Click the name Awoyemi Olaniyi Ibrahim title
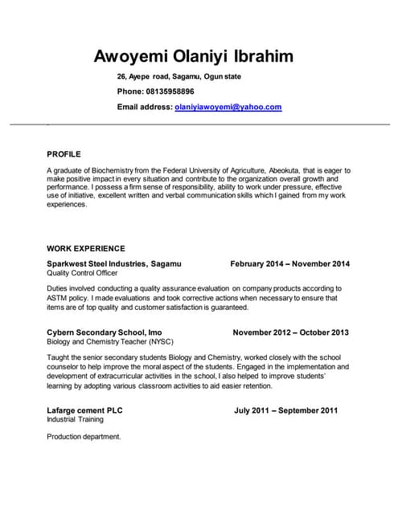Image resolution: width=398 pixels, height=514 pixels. [194, 56]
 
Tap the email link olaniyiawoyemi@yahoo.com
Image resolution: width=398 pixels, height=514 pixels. [228, 107]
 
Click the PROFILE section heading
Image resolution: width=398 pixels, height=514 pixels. [64, 153]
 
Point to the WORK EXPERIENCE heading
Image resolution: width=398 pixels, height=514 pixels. [85, 248]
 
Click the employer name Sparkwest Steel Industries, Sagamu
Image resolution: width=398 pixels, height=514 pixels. [114, 263]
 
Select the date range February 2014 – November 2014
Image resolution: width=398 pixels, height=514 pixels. [289, 263]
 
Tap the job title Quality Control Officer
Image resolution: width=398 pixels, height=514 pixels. [82, 273]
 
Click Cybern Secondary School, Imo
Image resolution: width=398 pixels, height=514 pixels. [105, 332]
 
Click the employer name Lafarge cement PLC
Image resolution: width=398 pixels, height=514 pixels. [84, 410]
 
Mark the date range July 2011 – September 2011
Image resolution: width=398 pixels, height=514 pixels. [285, 410]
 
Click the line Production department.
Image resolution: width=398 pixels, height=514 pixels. [84, 437]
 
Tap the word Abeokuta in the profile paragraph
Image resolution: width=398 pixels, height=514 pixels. [284, 171]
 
